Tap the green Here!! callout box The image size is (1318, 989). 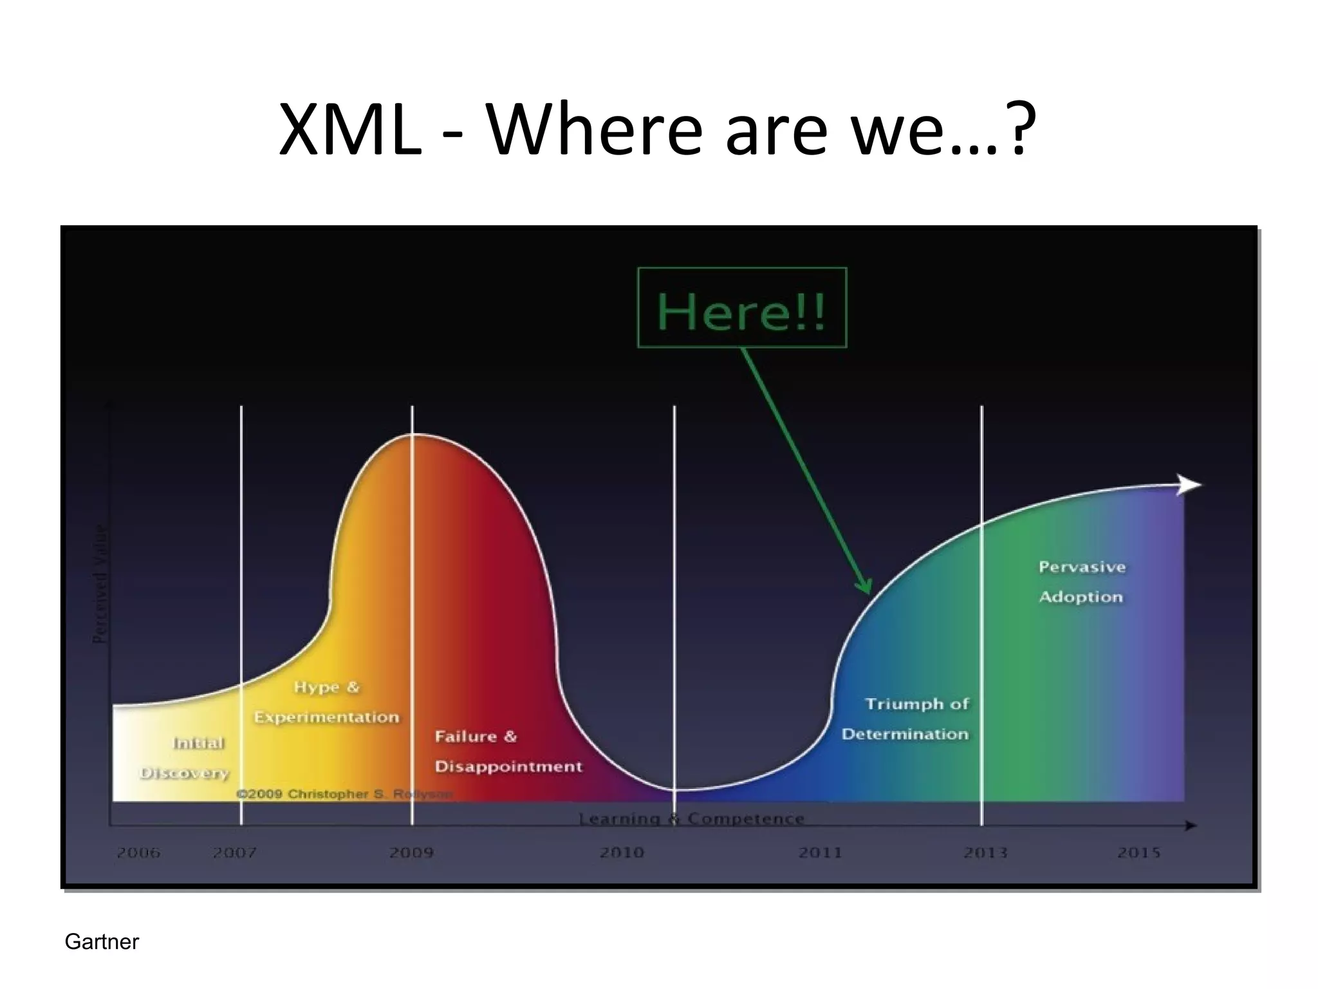[741, 308]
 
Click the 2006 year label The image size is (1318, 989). [138, 852]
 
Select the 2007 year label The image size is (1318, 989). [234, 852]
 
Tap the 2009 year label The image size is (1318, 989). [411, 852]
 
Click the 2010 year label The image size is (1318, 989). [622, 852]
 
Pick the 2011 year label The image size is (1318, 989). [820, 852]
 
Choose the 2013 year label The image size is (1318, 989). [985, 852]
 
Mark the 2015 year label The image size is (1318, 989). [1138, 852]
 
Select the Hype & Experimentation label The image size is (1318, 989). [326, 702]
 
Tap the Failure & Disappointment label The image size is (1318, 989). [507, 751]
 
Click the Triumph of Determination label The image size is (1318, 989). [906, 719]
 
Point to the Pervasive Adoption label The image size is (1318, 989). [1081, 581]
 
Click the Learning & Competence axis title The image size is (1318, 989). [691, 818]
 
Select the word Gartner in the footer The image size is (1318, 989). [102, 942]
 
